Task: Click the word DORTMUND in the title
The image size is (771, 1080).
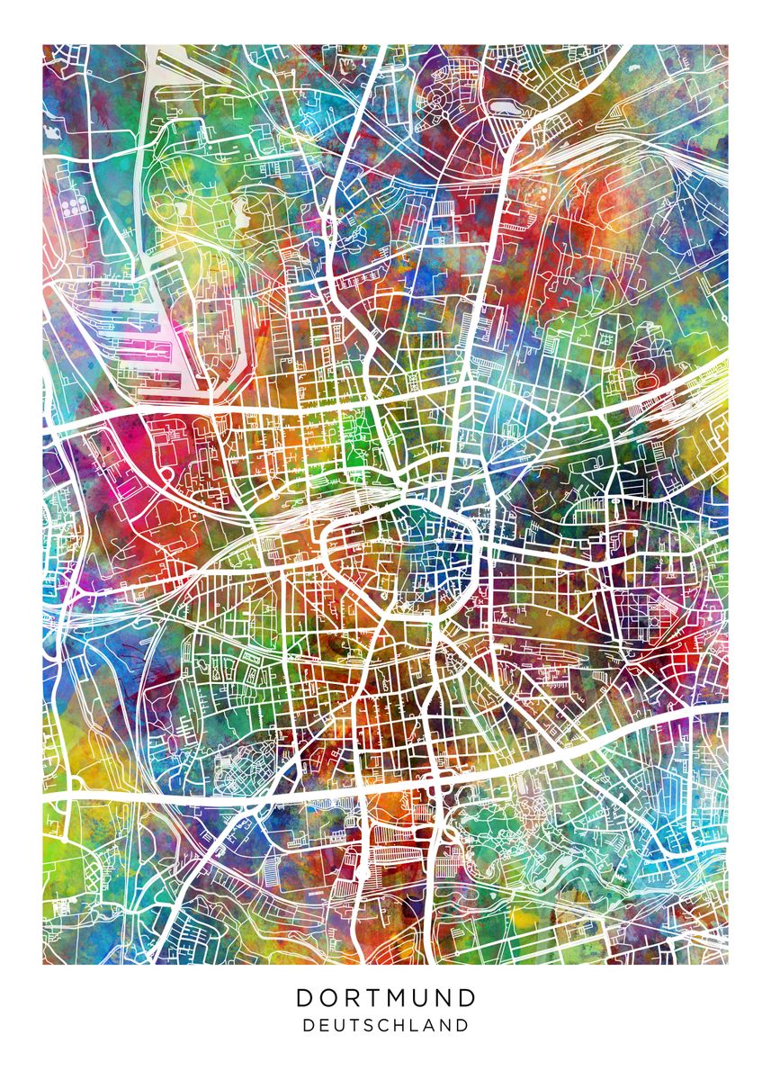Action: coord(386,997)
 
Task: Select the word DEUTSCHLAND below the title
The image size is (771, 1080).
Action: coord(386,1024)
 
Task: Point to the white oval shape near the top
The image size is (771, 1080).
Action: coord(507,107)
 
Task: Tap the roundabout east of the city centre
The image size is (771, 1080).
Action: coord(550,419)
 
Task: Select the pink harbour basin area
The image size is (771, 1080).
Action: coord(144,346)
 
